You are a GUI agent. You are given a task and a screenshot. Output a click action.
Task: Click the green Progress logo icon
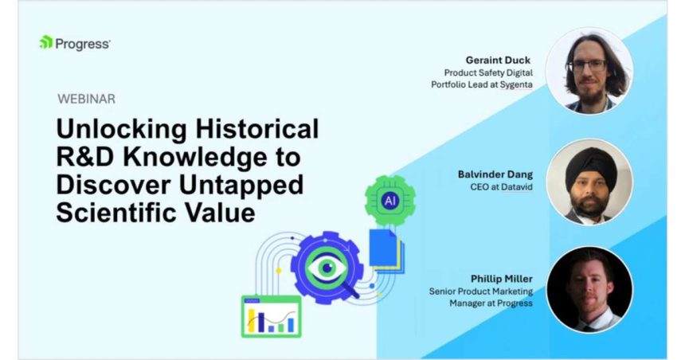[x=46, y=42]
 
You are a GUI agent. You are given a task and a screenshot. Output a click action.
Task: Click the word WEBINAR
[x=87, y=99]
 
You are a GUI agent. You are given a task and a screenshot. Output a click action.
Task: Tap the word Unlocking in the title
[x=122, y=129]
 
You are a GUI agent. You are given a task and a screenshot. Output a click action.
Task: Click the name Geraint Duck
[x=498, y=61]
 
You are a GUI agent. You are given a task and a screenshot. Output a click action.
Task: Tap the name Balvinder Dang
[x=495, y=174]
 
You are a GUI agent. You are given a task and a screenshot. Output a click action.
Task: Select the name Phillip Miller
[x=502, y=279]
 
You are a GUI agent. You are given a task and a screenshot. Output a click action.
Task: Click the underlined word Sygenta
[x=516, y=84]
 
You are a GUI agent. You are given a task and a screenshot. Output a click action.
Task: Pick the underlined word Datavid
[x=517, y=187]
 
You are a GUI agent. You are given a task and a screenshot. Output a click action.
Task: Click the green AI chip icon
[x=390, y=201]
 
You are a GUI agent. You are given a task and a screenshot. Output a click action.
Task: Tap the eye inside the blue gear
[x=327, y=268]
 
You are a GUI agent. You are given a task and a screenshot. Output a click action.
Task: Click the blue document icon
[x=383, y=248]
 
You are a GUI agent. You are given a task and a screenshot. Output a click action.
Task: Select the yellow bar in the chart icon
[x=251, y=321]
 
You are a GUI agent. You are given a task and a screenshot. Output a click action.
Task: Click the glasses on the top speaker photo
[x=588, y=66]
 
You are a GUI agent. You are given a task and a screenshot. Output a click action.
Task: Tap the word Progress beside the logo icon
[x=83, y=44]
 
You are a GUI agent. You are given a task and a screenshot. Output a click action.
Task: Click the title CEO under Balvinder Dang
[x=479, y=187]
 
